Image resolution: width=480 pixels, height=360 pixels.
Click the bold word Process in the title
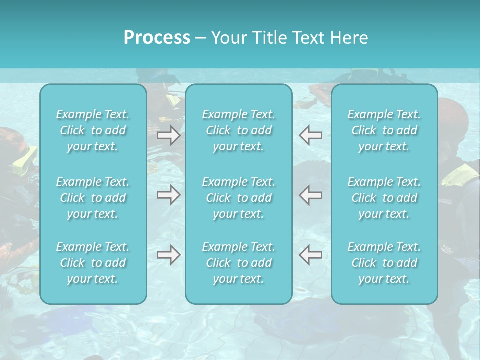coord(157,38)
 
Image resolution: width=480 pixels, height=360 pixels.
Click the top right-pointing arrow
coord(168,135)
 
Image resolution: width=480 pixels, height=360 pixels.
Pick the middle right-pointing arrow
coord(168,195)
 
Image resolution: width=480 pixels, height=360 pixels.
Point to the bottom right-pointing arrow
coord(168,255)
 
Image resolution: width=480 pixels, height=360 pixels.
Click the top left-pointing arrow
coord(310,135)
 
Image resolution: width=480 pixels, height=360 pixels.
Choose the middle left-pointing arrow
coord(310,195)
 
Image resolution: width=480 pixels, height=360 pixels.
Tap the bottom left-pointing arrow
coord(310,255)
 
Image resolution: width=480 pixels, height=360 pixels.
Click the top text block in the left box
coord(93,130)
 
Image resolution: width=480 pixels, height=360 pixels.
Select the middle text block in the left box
coord(93,198)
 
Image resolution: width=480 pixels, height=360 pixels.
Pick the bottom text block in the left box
coord(93,263)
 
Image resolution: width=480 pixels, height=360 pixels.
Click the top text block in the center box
coord(239,130)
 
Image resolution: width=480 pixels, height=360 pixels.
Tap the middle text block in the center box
coord(239,198)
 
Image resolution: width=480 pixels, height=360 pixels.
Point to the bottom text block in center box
coord(239,263)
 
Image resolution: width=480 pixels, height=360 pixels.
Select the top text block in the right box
coord(384,130)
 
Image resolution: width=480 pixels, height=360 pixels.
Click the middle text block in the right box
coord(384,198)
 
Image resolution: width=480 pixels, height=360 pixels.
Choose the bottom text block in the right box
coord(384,263)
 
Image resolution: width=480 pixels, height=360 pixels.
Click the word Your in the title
coord(227,38)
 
